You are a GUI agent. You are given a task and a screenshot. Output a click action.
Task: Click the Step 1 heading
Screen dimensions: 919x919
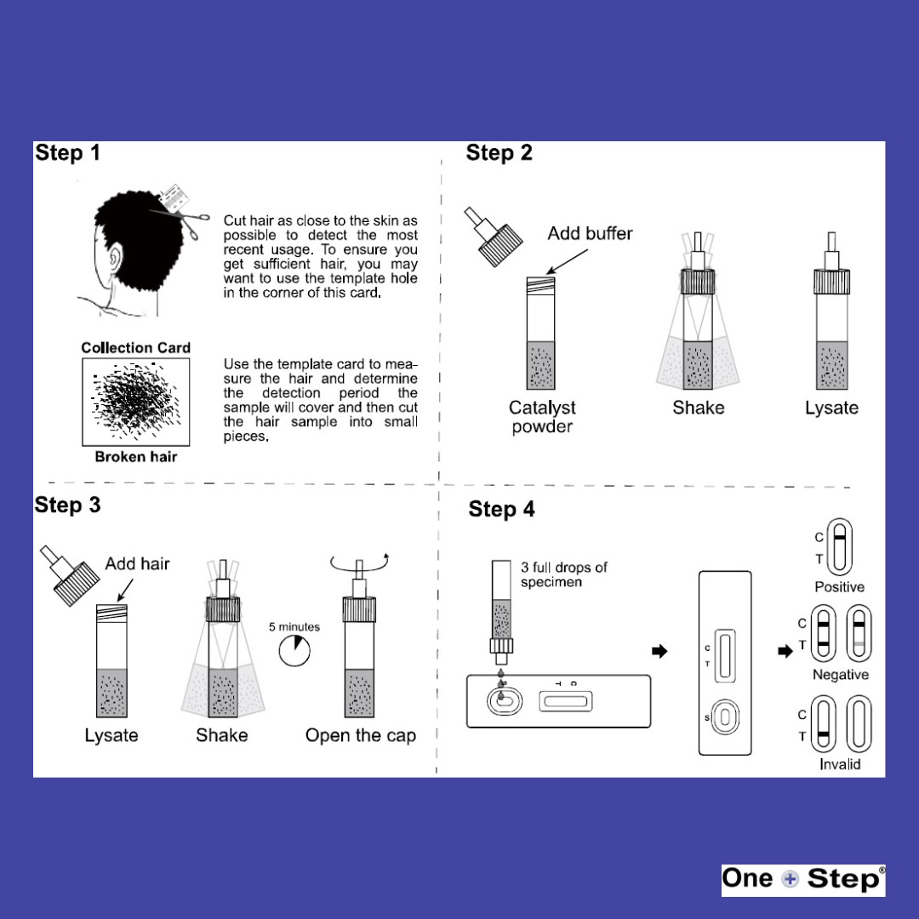67,153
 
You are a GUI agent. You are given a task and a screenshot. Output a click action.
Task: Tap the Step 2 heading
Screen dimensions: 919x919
499,153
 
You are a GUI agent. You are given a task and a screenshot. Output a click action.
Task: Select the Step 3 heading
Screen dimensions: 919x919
67,505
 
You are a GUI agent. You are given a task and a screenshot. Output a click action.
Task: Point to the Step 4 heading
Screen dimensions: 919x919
501,510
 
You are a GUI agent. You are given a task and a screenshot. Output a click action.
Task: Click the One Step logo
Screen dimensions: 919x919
802,880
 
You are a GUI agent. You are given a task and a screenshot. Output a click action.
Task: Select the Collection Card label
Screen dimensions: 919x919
135,348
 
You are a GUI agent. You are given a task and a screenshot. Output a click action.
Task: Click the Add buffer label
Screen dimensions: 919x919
590,233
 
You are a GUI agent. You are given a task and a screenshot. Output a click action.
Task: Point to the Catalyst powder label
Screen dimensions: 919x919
542,417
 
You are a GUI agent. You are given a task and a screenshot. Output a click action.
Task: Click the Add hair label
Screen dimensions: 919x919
137,563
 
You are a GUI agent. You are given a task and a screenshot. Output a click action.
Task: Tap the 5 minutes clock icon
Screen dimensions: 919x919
294,652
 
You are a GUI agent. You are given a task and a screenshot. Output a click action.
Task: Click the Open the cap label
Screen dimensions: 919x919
361,736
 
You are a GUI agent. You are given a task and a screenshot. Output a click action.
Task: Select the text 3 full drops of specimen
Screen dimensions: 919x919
563,574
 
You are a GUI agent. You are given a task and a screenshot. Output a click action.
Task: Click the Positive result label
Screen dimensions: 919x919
839,587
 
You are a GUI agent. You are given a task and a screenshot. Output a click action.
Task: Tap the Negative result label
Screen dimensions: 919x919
840,675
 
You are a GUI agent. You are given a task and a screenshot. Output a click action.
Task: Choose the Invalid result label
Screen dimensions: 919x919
840,764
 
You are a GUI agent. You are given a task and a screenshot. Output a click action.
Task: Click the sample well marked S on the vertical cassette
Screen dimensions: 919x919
724,717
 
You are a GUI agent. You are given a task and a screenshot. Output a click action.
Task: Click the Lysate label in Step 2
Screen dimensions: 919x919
831,408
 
